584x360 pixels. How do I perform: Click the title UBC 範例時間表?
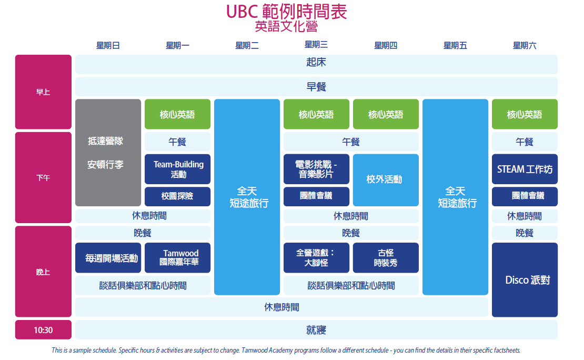[286, 12]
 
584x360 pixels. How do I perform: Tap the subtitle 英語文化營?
[286, 26]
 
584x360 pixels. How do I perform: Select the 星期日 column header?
[108, 46]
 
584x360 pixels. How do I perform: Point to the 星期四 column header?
[386, 46]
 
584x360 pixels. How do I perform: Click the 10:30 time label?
[43, 330]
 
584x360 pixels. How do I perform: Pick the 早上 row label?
[43, 92]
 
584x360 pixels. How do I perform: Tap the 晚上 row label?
[43, 272]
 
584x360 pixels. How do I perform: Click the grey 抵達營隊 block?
[108, 153]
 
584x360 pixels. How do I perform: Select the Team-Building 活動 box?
[177, 169]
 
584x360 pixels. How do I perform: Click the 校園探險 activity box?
[177, 196]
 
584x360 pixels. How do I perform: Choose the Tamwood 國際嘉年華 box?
[177, 257]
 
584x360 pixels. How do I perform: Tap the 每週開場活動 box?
[108, 258]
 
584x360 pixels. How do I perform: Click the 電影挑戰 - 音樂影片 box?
[316, 169]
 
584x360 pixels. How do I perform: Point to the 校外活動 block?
[386, 179]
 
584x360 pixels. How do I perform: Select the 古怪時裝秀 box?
[386, 257]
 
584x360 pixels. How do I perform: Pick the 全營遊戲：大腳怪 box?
[316, 257]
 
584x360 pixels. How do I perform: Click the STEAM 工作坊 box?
[525, 169]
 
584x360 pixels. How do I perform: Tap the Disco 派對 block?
[525, 279]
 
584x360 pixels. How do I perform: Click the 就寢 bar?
[316, 330]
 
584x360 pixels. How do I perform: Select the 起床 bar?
[316, 62]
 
